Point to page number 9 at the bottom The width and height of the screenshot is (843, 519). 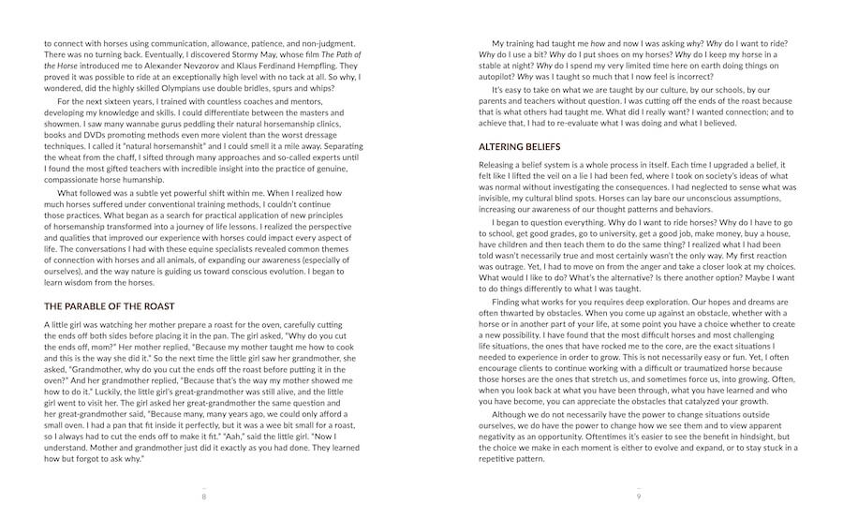[x=639, y=497]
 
